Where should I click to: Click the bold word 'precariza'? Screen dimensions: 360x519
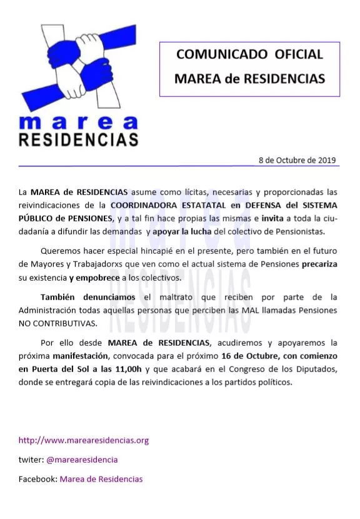[x=319, y=265]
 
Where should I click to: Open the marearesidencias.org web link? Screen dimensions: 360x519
[x=83, y=440]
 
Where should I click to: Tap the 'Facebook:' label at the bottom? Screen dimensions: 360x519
[x=37, y=479]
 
